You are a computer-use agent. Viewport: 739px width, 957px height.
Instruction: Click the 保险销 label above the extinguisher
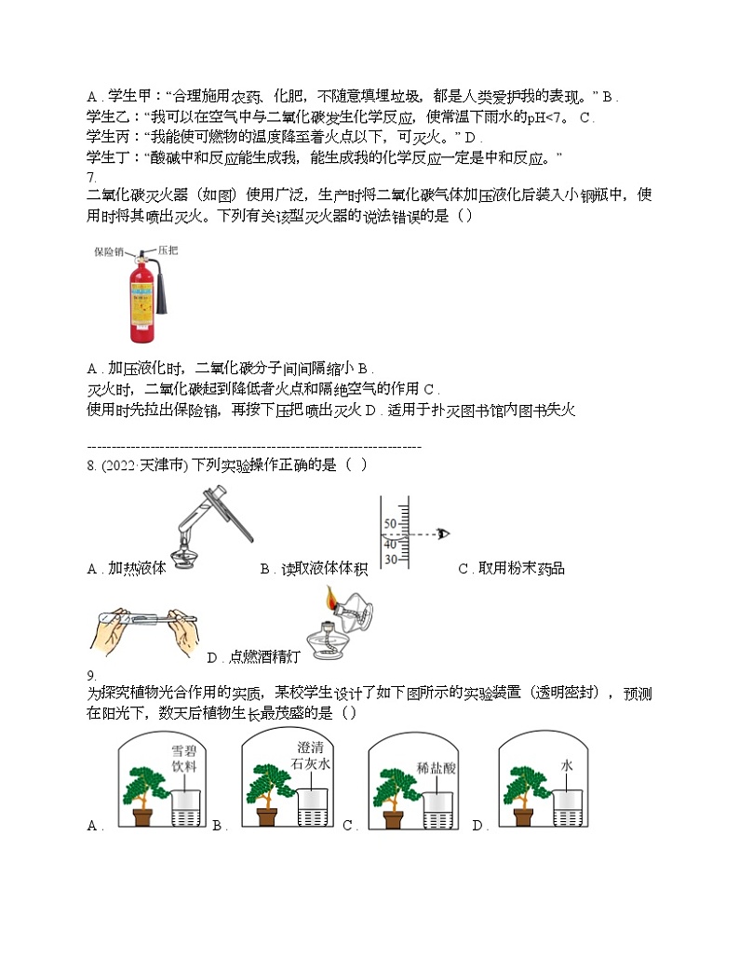pyautogui.click(x=109, y=251)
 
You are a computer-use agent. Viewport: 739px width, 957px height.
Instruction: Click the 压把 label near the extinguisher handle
pyautogui.click(x=168, y=249)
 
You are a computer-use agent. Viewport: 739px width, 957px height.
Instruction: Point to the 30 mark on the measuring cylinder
pyautogui.click(x=390, y=559)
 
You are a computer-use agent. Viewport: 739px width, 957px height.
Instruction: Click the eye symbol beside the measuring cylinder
pyautogui.click(x=444, y=533)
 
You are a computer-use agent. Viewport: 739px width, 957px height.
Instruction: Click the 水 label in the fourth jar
pyautogui.click(x=566, y=764)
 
